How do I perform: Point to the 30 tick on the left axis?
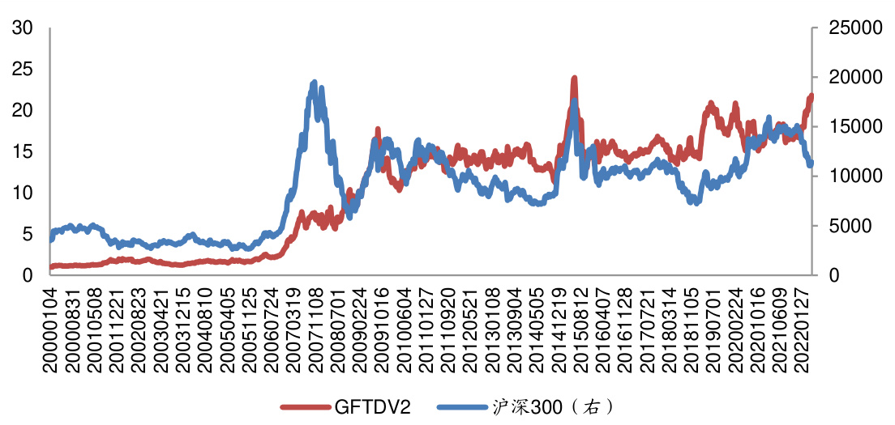23,28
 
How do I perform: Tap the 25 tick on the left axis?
23,70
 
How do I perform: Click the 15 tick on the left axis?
23,151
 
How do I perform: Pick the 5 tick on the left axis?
28,234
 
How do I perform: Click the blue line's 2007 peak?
314,83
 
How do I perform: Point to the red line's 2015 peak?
574,79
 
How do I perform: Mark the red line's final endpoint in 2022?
811,96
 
